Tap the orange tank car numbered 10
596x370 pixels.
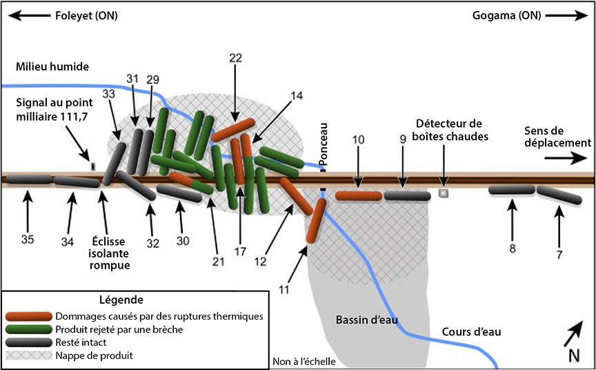click(x=359, y=196)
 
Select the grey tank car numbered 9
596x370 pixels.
click(x=407, y=196)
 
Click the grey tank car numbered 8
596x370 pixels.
click(x=512, y=190)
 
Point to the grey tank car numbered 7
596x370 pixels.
click(x=559, y=195)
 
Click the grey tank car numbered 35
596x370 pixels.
click(x=28, y=179)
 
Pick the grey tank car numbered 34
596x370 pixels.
click(x=77, y=182)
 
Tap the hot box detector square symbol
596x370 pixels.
click(x=444, y=194)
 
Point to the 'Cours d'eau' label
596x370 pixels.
click(x=471, y=332)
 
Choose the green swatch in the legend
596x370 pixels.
click(x=28, y=329)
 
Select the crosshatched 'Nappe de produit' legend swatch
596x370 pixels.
click(x=28, y=356)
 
